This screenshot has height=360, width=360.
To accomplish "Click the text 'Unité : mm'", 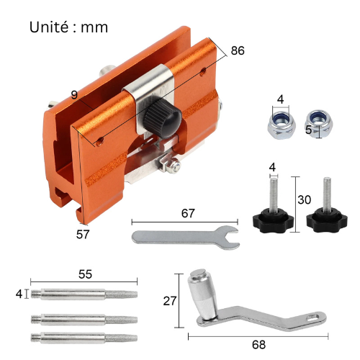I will (x=69, y=27).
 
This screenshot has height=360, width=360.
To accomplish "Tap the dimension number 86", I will (x=238, y=51).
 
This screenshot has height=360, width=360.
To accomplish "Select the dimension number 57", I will (x=84, y=234).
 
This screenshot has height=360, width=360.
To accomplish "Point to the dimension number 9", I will (x=74, y=94).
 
